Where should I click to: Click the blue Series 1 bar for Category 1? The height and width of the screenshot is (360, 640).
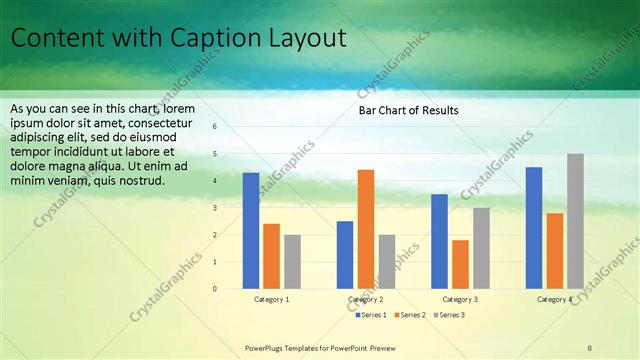[x=250, y=231]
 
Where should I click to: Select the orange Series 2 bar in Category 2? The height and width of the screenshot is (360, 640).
[x=366, y=229]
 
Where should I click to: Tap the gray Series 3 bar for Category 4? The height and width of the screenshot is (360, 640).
[x=575, y=221]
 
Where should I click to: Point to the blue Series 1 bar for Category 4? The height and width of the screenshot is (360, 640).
[x=534, y=228]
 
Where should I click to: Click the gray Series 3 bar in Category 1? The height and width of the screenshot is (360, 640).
[x=292, y=262]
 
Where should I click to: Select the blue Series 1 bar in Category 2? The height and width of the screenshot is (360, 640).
[x=345, y=255]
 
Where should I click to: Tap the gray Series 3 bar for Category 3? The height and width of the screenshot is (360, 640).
[x=481, y=248]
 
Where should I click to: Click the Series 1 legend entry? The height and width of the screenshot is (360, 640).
[x=372, y=315]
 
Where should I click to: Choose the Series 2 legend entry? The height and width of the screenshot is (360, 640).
[x=410, y=315]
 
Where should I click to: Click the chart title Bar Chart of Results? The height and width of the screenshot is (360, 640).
[x=409, y=110]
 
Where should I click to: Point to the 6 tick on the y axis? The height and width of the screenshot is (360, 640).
[x=214, y=127]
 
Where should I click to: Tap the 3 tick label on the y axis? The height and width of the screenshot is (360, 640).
[x=214, y=208]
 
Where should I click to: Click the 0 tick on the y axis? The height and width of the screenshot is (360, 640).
[x=214, y=289]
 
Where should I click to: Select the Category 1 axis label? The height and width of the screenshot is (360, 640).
[x=271, y=299]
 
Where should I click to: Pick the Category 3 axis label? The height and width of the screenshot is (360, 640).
[x=460, y=299]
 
